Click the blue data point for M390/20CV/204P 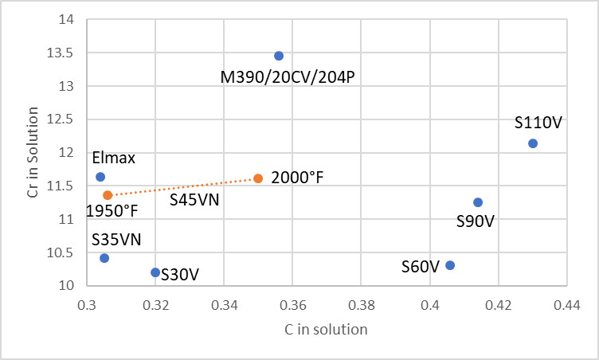pyautogui.click(x=279, y=56)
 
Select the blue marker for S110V pyautogui.click(x=533, y=143)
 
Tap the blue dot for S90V pyautogui.click(x=478, y=202)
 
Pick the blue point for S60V pyautogui.click(x=450, y=265)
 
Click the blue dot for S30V pyautogui.click(x=155, y=272)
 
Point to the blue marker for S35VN pyautogui.click(x=104, y=258)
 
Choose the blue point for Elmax pyautogui.click(x=100, y=177)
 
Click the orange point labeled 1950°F pyautogui.click(x=108, y=195)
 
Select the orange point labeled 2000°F pyautogui.click(x=258, y=178)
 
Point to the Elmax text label pyautogui.click(x=113, y=158)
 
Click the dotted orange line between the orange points pyautogui.click(x=183, y=186)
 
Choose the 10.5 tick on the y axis pyautogui.click(x=61, y=252)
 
